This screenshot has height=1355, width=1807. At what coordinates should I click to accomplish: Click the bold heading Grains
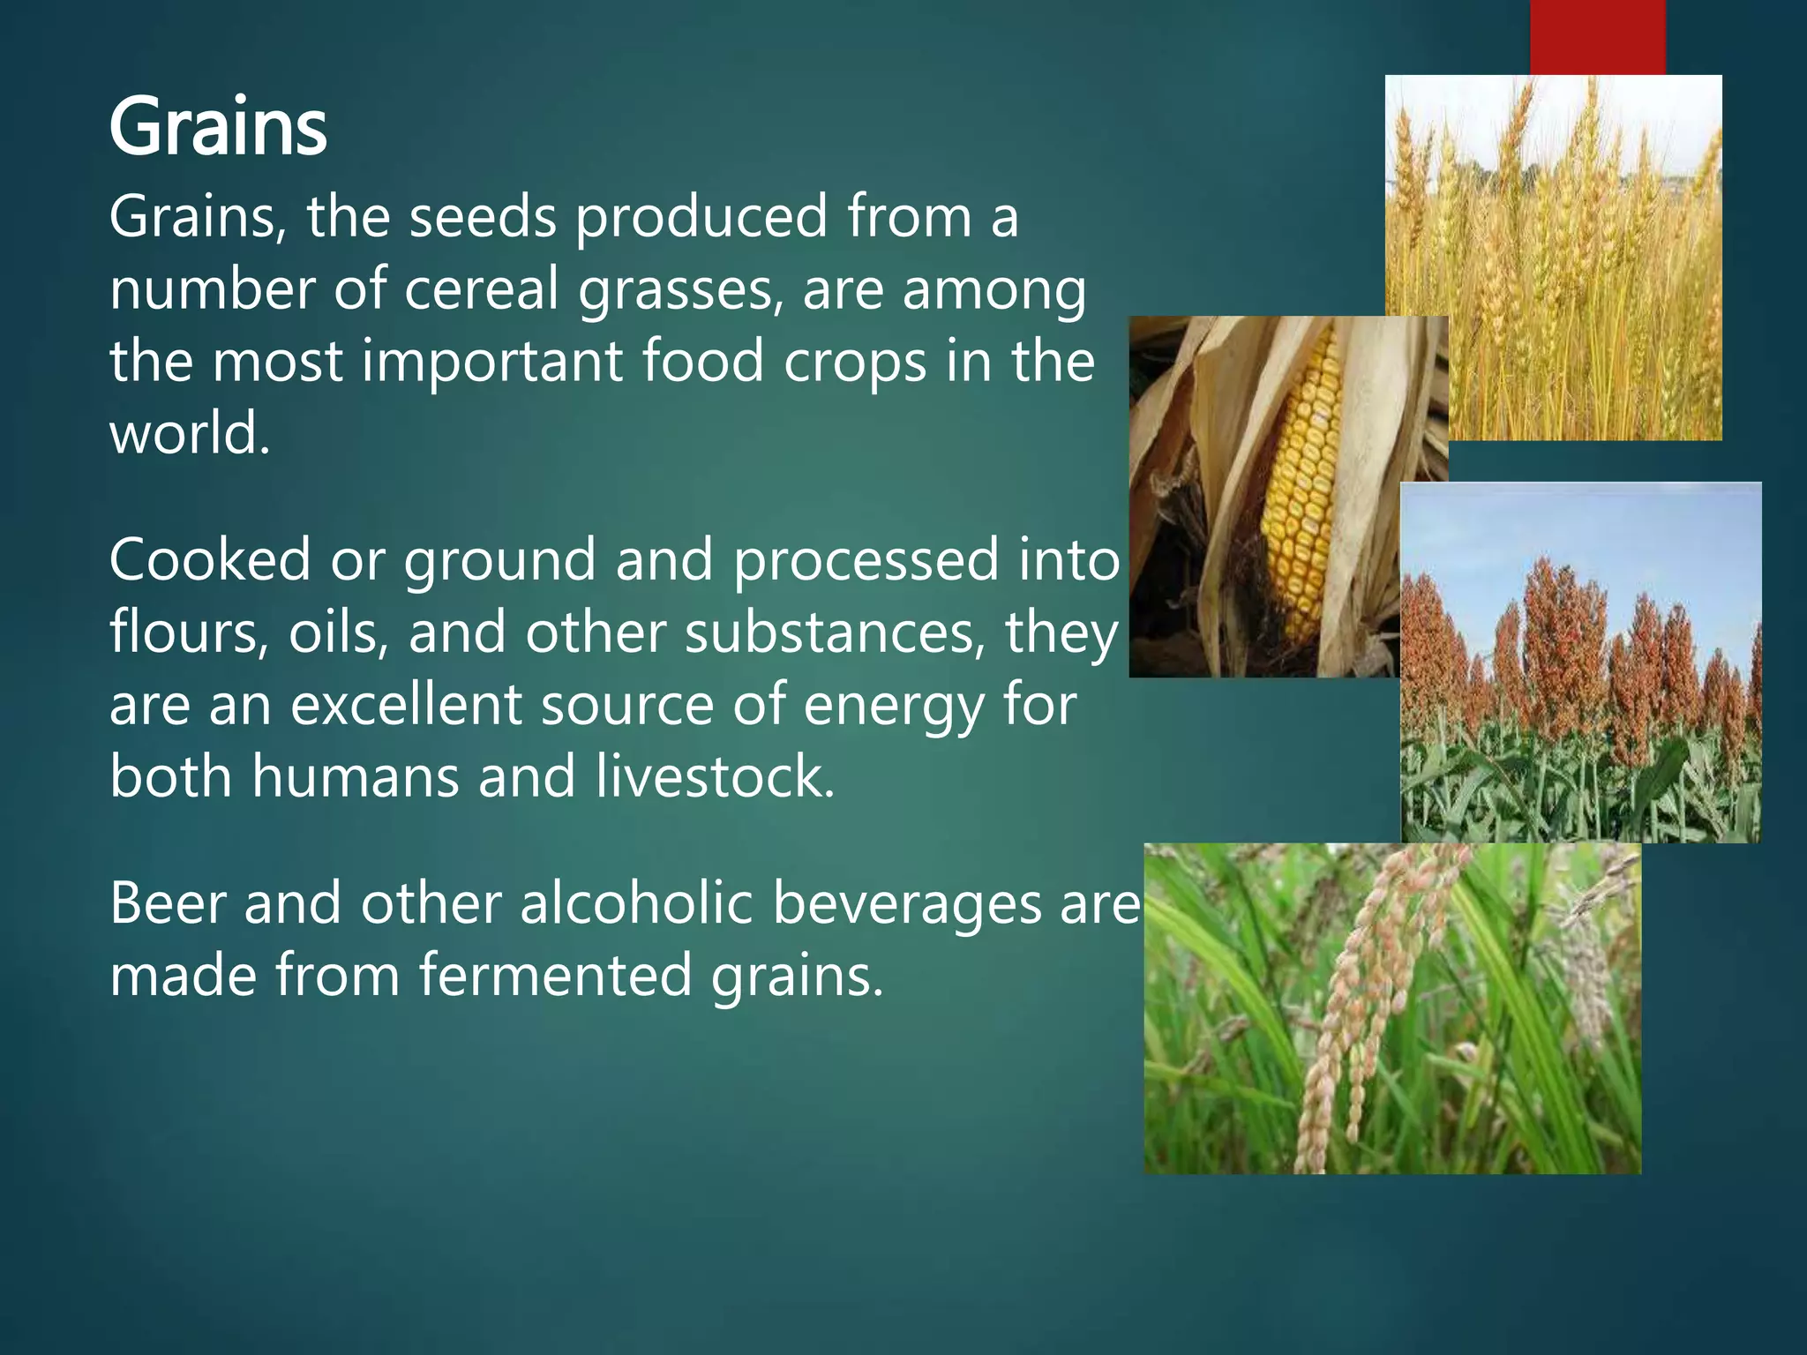coord(218,129)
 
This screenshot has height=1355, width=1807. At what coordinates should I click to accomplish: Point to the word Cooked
coord(210,560)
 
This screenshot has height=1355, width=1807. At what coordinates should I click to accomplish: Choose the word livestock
coord(715,777)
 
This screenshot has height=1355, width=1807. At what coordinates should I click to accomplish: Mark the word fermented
coord(555,976)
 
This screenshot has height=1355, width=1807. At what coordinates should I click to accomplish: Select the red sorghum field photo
coord(1580,662)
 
